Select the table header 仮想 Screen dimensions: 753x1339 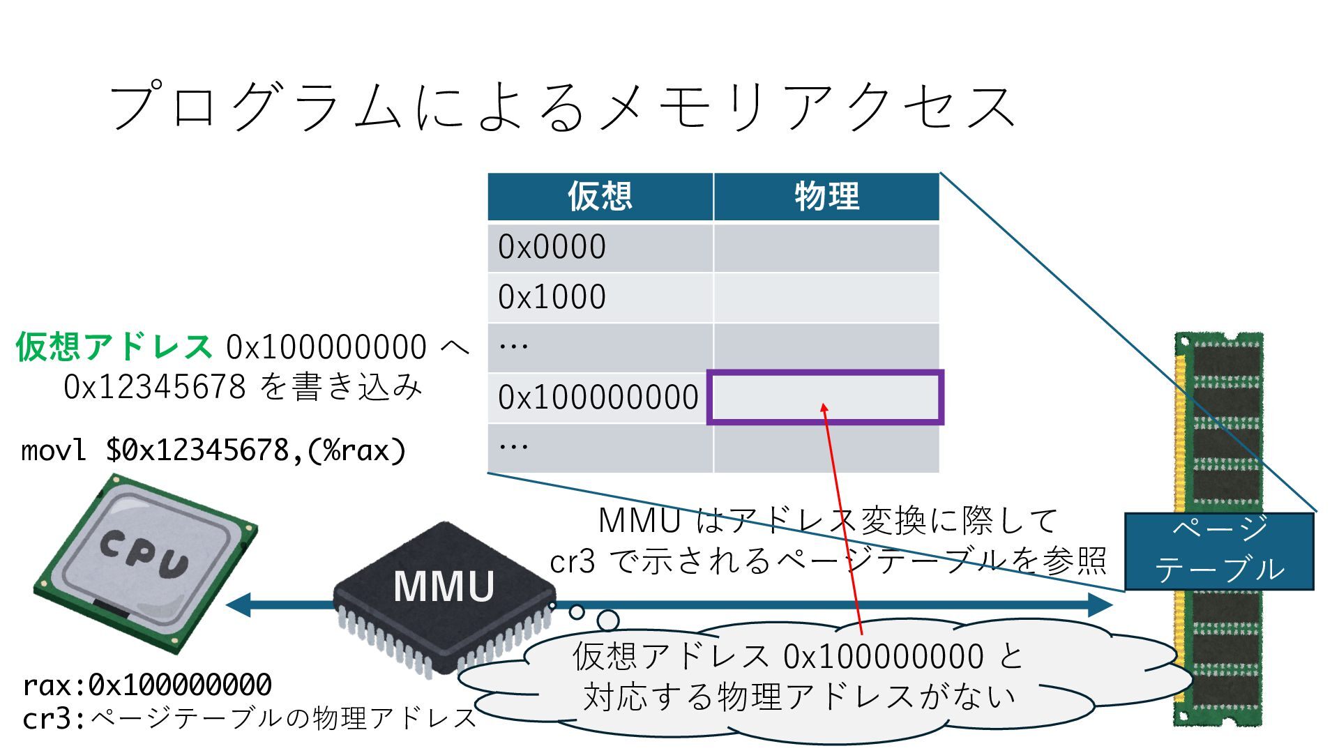(x=600, y=197)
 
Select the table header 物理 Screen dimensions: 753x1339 (x=826, y=197)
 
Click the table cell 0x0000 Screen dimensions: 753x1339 (x=552, y=248)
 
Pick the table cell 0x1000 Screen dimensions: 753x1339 (x=552, y=298)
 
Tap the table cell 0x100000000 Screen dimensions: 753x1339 (x=598, y=397)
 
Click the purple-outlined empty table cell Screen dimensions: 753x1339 (x=826, y=397)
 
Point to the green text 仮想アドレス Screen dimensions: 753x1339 (x=114, y=347)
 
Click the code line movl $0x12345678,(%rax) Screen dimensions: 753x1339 (x=213, y=450)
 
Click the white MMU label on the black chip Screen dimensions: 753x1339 (x=444, y=586)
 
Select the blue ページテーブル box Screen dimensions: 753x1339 (x=1219, y=551)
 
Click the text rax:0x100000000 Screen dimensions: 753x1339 (x=147, y=685)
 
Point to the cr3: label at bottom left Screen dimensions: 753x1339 (x=53, y=718)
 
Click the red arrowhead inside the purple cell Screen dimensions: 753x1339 (x=824, y=408)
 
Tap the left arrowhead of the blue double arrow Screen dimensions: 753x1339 (x=237, y=604)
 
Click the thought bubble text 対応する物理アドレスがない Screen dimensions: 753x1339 (x=799, y=697)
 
